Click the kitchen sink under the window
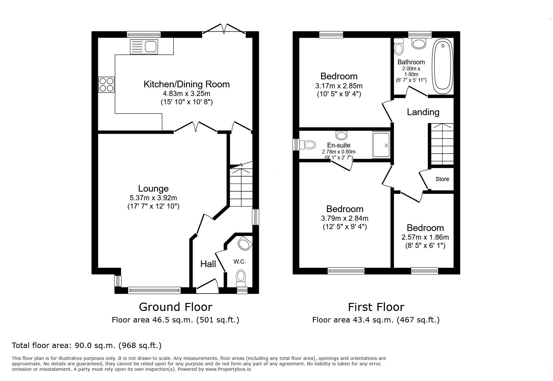pyautogui.click(x=144, y=47)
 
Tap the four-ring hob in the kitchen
pyautogui.click(x=106, y=85)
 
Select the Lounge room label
pyautogui.click(x=153, y=188)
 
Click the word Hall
pyautogui.click(x=208, y=264)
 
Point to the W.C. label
pyautogui.click(x=239, y=262)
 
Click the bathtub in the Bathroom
pyautogui.click(x=443, y=66)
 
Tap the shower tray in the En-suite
pyautogui.click(x=381, y=145)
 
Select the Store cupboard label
pyautogui.click(x=442, y=179)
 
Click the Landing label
pyautogui.click(x=423, y=112)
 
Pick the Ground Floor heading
pyautogui.click(x=176, y=307)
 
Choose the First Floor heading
pyautogui.click(x=376, y=307)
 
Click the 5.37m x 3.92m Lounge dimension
pyautogui.click(x=153, y=198)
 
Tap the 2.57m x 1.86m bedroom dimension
pyautogui.click(x=425, y=237)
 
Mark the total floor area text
pyautogui.click(x=87, y=345)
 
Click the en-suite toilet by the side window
pyautogui.click(x=307, y=145)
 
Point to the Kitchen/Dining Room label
pyautogui.click(x=187, y=84)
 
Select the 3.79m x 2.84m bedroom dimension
pyautogui.click(x=345, y=218)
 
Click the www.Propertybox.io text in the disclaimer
pyautogui.click(x=228, y=369)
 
